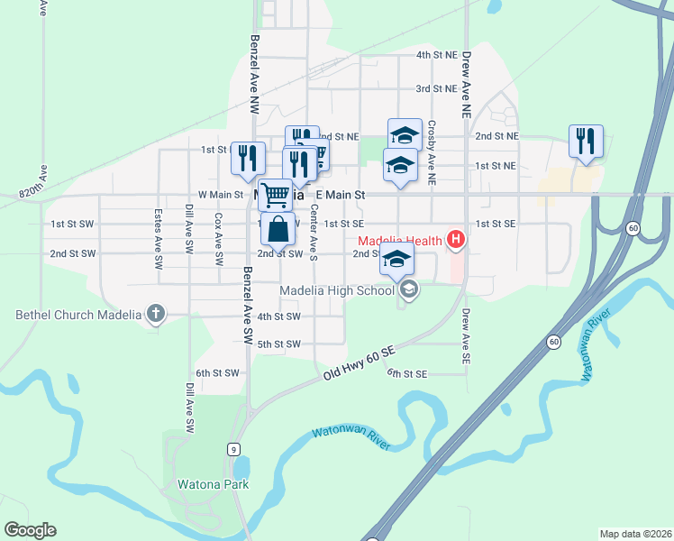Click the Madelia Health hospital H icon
pyautogui.click(x=456, y=240)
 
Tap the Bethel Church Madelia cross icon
pyautogui.click(x=156, y=315)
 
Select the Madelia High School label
pyautogui.click(x=336, y=290)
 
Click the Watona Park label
pyautogui.click(x=213, y=484)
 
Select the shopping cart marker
pyautogui.click(x=275, y=193)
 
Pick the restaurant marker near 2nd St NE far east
pyautogui.click(x=586, y=142)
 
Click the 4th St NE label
pyautogui.click(x=436, y=56)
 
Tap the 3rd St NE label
pyautogui.click(x=436, y=88)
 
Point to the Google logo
pyautogui.click(x=30, y=530)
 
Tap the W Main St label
pyautogui.click(x=221, y=194)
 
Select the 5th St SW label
pyautogui.click(x=278, y=344)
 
